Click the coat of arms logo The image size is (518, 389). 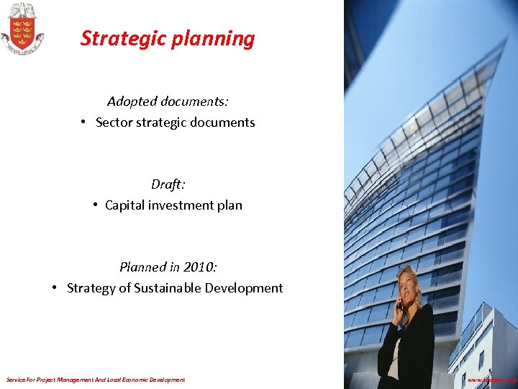pyautogui.click(x=22, y=29)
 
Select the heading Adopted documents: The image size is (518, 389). pyautogui.click(x=168, y=102)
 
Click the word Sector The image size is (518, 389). pyautogui.click(x=114, y=122)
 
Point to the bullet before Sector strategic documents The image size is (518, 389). pyautogui.click(x=84, y=122)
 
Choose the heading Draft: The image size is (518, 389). pyautogui.click(x=168, y=184)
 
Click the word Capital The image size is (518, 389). pyautogui.click(x=125, y=205)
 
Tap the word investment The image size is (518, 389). pyautogui.click(x=180, y=205)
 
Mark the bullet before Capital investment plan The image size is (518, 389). pyautogui.click(x=96, y=205)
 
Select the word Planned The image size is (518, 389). pyautogui.click(x=142, y=267)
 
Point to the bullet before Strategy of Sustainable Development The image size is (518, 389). pyautogui.click(x=55, y=287)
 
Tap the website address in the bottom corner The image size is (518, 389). pyautogui.click(x=492, y=379)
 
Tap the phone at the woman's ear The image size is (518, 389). pyautogui.click(x=400, y=303)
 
